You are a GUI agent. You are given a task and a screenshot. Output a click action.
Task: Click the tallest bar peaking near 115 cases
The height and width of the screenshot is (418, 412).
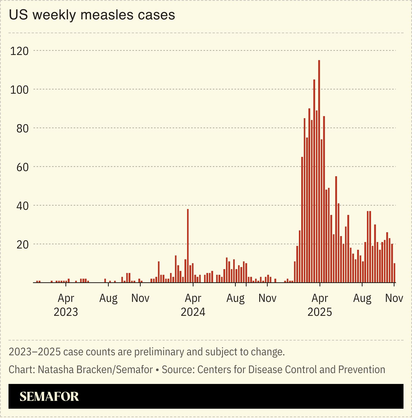[x=319, y=170]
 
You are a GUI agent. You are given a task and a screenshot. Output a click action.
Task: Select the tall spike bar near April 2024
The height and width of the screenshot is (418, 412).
[x=188, y=245]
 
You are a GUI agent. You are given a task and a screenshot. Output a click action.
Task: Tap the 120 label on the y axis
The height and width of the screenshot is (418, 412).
[x=19, y=51]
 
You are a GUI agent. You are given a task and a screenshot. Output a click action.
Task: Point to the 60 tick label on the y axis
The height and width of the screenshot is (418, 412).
[x=22, y=167]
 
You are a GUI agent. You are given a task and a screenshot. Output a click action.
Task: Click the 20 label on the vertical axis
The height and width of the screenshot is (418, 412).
[x=22, y=245]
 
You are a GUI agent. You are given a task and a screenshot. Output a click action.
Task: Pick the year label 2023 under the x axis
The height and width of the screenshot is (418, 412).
[x=66, y=312]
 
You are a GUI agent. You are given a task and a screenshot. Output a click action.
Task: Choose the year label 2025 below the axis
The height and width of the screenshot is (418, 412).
[x=319, y=312]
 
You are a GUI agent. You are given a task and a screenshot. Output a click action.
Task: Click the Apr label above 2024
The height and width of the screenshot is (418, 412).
[x=193, y=298]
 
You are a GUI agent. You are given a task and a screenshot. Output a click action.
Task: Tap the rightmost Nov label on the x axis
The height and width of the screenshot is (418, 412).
[x=394, y=298]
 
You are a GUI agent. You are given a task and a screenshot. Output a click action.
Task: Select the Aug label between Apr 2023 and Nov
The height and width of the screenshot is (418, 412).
[x=108, y=298]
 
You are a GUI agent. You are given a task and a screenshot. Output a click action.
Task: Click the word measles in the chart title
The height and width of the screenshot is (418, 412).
[x=107, y=15]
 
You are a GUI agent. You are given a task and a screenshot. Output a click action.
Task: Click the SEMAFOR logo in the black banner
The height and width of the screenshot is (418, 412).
[x=49, y=397]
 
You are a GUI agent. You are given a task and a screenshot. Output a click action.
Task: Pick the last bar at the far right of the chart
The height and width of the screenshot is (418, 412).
[x=394, y=273]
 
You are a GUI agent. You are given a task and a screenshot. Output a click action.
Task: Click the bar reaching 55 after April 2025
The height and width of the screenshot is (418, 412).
[x=336, y=230]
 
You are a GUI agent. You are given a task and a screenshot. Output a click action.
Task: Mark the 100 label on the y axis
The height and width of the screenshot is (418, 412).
[x=19, y=90]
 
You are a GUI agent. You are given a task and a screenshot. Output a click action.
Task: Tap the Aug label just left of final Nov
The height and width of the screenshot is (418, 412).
[x=362, y=298]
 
